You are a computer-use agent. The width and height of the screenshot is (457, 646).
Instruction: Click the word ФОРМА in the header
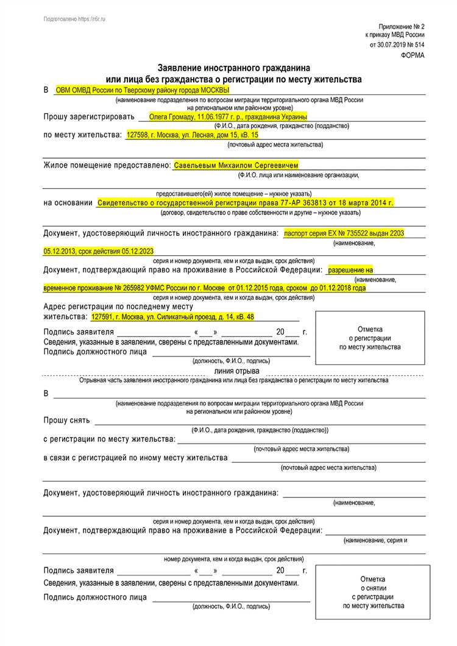tap(413, 55)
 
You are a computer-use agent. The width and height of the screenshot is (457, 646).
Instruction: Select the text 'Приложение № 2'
tap(401, 27)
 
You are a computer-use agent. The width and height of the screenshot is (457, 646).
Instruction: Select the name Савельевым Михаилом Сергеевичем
tap(236, 165)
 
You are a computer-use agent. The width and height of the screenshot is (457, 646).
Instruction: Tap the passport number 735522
tap(353, 233)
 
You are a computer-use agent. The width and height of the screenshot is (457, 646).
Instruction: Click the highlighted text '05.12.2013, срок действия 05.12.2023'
tap(98, 251)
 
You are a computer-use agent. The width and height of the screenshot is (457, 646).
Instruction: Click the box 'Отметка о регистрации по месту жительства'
tap(370, 338)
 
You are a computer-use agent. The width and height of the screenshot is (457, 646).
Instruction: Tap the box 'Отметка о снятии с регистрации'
tap(373, 592)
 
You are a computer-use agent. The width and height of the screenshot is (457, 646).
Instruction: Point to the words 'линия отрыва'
tap(236, 371)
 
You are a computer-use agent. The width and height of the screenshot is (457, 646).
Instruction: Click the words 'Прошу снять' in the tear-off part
tap(67, 421)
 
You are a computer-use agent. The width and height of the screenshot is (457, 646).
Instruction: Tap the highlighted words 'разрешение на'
tap(350, 269)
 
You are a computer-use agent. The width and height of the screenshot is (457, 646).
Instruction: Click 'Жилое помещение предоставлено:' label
tap(107, 165)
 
